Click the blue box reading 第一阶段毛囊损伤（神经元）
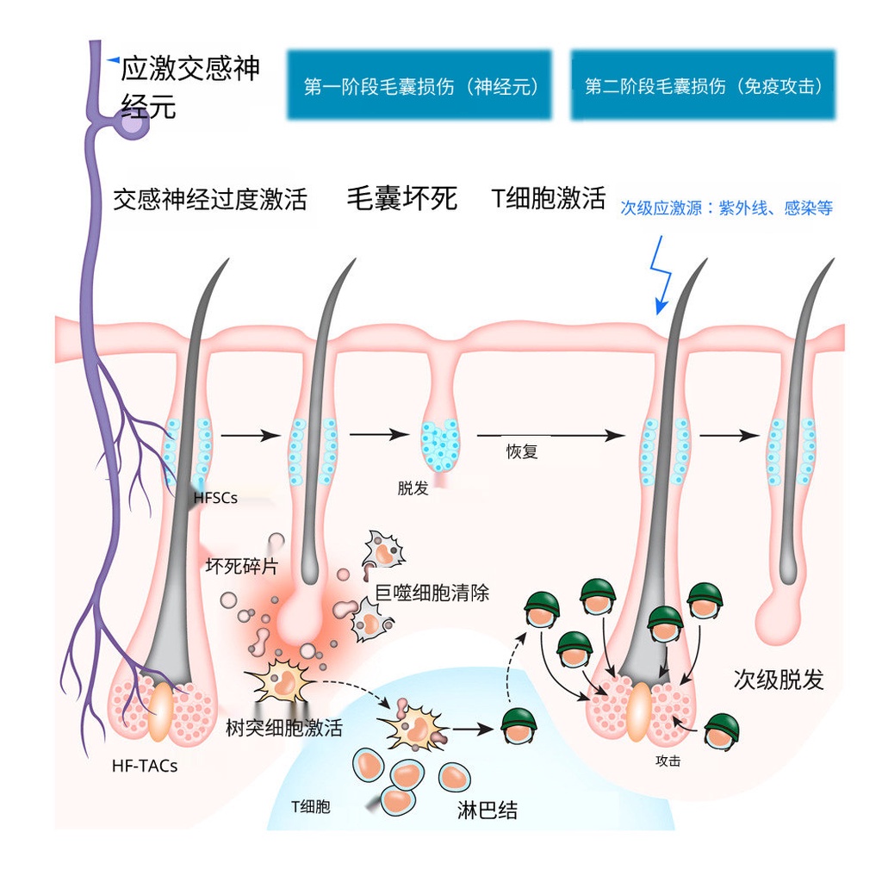(419, 85)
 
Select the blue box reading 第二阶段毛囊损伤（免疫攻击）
(703, 85)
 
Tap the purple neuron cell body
(133, 126)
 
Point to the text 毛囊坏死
(401, 199)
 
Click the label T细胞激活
(549, 198)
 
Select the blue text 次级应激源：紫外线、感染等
(727, 208)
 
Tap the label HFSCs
(215, 498)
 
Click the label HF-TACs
(145, 764)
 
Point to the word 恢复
(522, 451)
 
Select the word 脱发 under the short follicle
(413, 488)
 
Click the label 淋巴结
(488, 810)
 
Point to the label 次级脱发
(779, 680)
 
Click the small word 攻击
(668, 761)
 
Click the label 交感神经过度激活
(210, 200)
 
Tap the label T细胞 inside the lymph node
(310, 807)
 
